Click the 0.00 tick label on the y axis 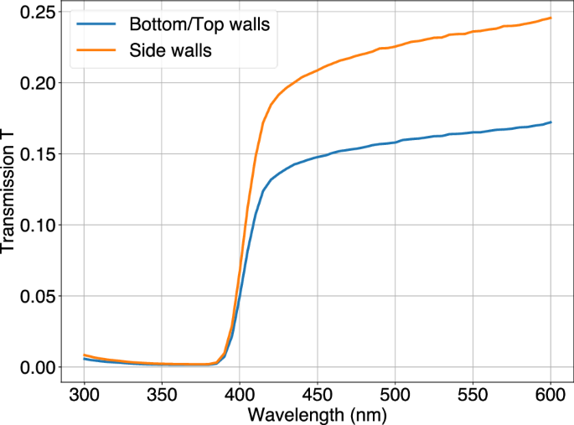35,367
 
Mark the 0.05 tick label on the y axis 35,296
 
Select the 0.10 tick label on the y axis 35,225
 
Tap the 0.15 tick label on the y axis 35,154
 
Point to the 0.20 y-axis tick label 35,83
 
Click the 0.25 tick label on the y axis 35,12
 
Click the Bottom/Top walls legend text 199,24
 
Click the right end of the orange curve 551,18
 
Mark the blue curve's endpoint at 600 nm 551,122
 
